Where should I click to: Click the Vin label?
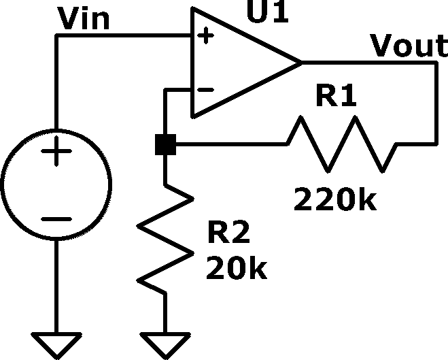[x=84, y=18]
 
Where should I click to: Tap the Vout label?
[x=409, y=45]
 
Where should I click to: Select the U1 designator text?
[x=268, y=12]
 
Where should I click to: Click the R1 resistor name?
[x=337, y=95]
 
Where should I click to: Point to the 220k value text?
[x=335, y=199]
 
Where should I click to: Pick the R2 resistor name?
[x=229, y=231]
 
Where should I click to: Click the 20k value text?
[x=237, y=267]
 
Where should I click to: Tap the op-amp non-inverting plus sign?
[x=205, y=36]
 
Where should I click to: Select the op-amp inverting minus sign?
[x=205, y=90]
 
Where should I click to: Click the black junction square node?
[x=165, y=144]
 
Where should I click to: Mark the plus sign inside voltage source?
[x=56, y=151]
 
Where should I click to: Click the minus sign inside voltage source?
[x=56, y=219]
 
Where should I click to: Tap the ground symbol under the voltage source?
[x=56, y=346]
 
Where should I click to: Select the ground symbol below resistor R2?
[x=165, y=346]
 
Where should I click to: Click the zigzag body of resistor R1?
[x=341, y=144]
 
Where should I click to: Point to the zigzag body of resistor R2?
[x=165, y=240]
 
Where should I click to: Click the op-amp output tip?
[x=302, y=63]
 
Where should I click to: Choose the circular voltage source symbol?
[x=56, y=184]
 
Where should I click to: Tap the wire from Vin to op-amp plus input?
[x=124, y=35]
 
